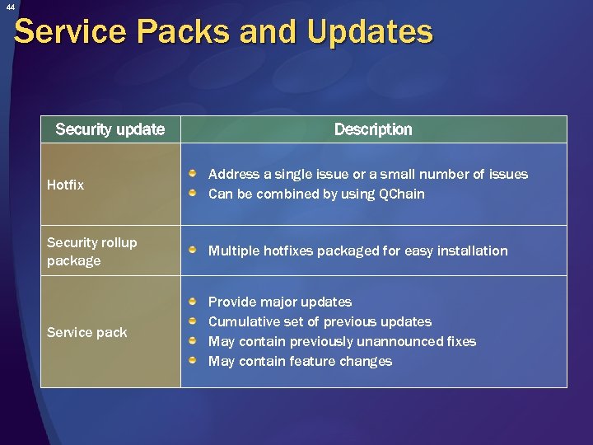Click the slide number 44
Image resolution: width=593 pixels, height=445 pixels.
(x=10, y=7)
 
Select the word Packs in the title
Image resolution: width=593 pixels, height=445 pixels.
(x=184, y=32)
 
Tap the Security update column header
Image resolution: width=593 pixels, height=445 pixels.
(x=110, y=129)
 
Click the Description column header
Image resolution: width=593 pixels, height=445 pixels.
(x=373, y=129)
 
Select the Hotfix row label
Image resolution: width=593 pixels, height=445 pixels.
(x=65, y=185)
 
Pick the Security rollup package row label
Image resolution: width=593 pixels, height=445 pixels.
(x=91, y=251)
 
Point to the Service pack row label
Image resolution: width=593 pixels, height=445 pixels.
(x=86, y=332)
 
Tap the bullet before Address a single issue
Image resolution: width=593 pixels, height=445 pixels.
(x=192, y=174)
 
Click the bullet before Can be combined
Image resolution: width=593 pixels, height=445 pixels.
(x=192, y=194)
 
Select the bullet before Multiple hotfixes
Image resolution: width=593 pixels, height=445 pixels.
(x=192, y=251)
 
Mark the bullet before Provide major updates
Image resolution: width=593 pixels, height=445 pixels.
(x=192, y=302)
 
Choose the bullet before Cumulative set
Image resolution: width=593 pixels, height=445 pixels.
(x=192, y=321)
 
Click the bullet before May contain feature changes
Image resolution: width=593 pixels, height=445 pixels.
(x=192, y=361)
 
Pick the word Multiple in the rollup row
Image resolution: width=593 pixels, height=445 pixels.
(x=234, y=251)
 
